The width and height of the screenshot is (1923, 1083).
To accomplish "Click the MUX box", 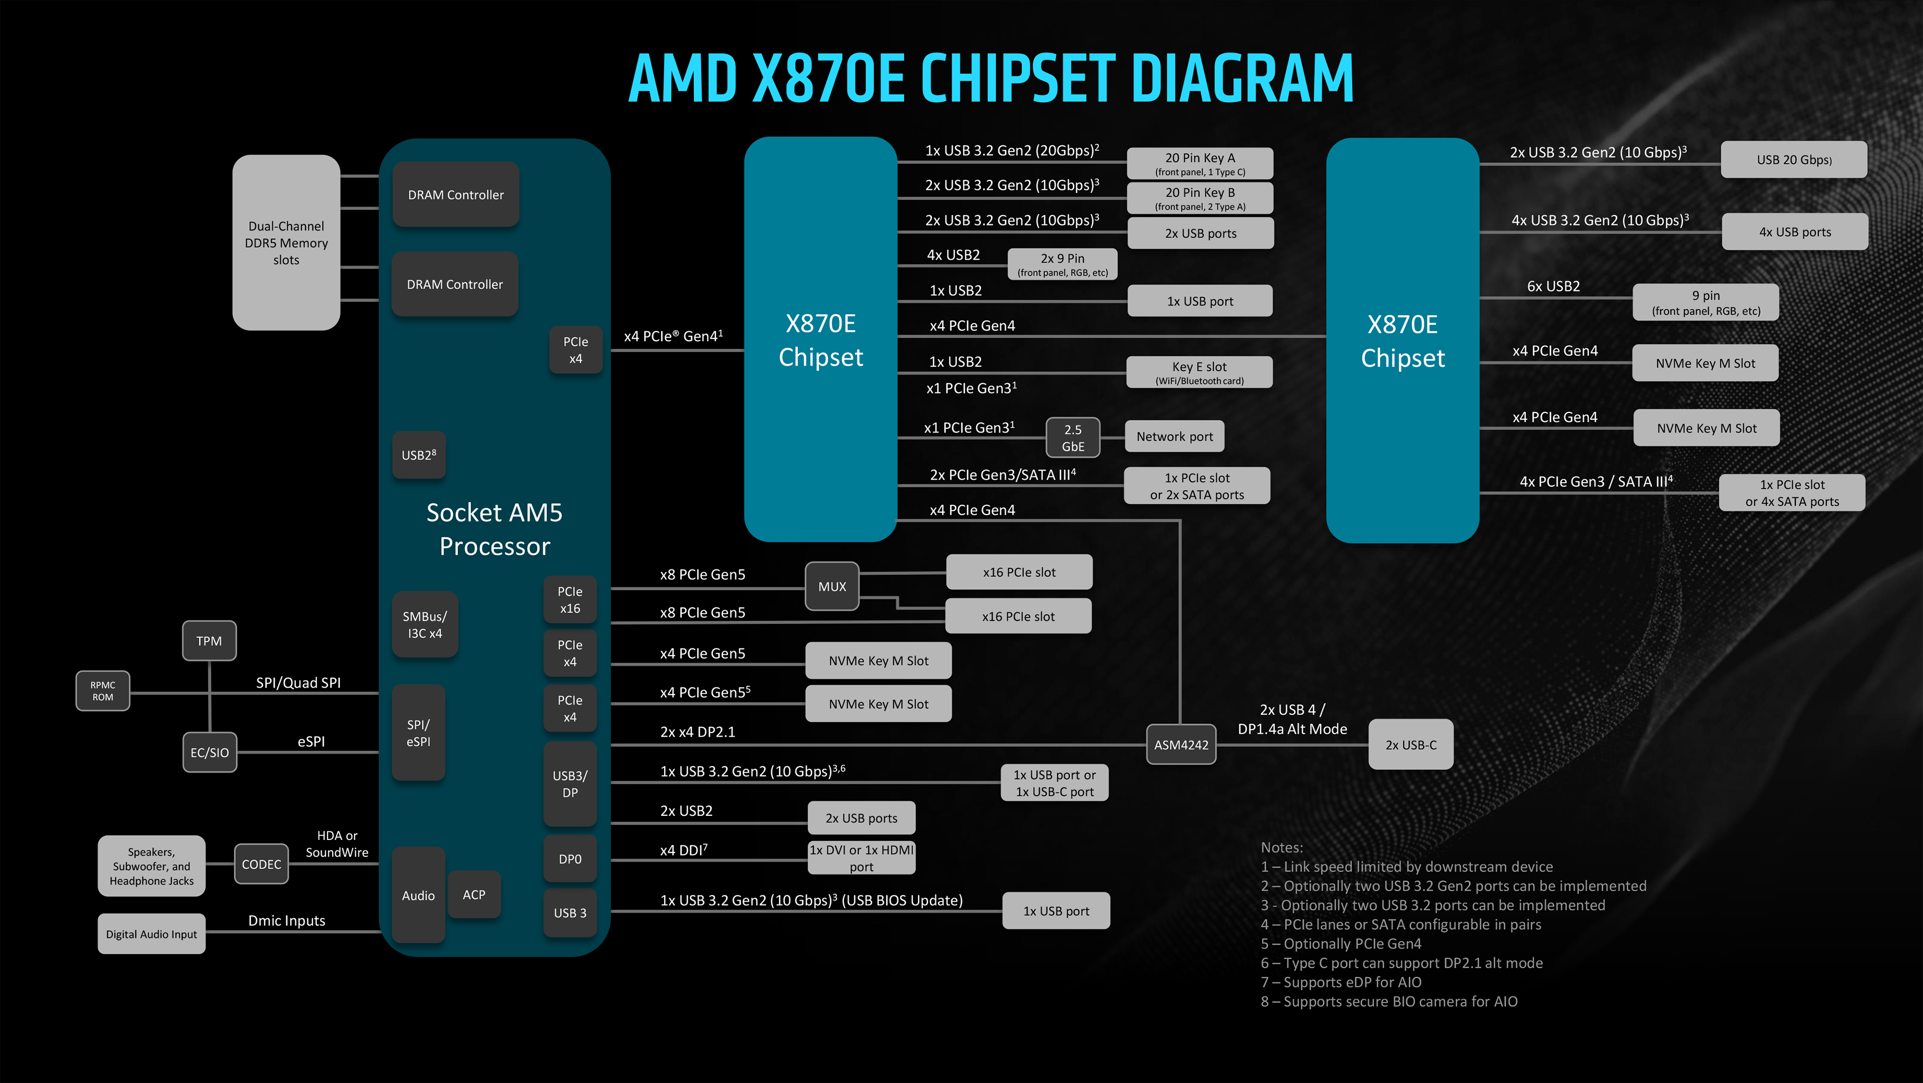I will [x=832, y=586].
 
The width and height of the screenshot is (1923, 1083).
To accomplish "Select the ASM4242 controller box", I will [x=1181, y=745].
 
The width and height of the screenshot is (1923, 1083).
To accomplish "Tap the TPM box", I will [x=209, y=641].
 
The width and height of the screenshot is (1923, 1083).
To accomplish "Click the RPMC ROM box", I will [x=103, y=691].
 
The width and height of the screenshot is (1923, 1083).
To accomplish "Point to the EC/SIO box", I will [x=209, y=752].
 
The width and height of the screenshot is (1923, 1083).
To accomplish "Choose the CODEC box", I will [x=261, y=864].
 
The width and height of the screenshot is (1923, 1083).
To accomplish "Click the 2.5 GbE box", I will [x=1073, y=438].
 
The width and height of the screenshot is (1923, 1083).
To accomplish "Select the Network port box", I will [x=1174, y=436].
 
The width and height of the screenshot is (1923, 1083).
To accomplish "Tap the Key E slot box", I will [x=1199, y=372].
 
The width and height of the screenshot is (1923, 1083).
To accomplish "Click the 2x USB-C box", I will [x=1410, y=745].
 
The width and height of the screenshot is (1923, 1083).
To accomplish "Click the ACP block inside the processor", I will [x=474, y=894].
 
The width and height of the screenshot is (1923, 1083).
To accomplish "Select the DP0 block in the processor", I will [x=569, y=859].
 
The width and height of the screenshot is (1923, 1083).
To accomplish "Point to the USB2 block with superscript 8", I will [x=419, y=455].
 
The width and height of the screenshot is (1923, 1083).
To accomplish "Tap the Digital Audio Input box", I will [x=152, y=934].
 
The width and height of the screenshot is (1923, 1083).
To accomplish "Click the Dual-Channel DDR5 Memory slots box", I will [x=286, y=243].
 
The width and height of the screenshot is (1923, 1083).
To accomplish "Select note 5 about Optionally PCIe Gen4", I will [x=1341, y=943].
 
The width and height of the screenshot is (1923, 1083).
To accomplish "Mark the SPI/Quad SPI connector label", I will [x=298, y=683].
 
